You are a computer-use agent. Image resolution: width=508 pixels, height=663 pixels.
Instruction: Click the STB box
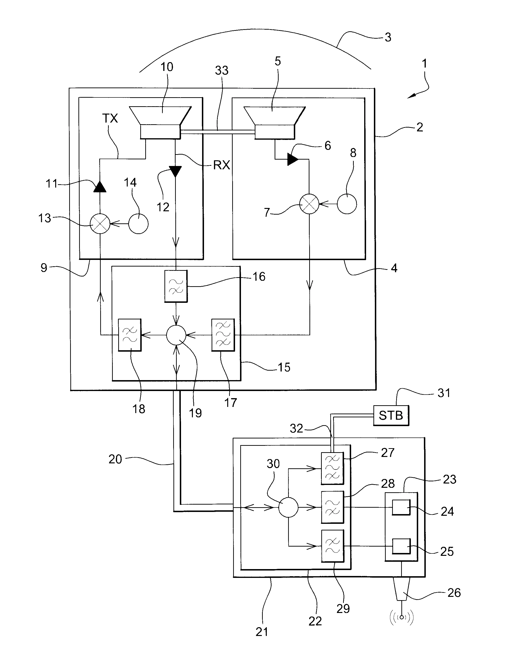(x=391, y=415)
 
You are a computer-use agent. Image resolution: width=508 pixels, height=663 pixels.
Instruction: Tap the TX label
(x=110, y=118)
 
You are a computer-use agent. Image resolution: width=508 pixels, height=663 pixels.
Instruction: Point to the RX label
(x=222, y=165)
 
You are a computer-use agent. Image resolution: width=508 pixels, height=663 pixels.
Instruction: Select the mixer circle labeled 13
(x=100, y=224)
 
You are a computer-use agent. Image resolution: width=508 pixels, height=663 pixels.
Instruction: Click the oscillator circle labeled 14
(x=138, y=224)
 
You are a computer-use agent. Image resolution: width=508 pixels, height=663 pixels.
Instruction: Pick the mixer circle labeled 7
(x=309, y=204)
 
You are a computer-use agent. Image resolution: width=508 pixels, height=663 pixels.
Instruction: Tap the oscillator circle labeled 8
(x=347, y=204)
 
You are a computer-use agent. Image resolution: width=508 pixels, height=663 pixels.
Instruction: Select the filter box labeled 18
(x=129, y=335)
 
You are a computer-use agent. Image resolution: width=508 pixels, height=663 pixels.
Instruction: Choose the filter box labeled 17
(x=223, y=335)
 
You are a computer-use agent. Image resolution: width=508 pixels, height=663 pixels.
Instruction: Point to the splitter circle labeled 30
(x=288, y=507)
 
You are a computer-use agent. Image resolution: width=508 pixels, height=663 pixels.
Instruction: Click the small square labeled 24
(x=401, y=507)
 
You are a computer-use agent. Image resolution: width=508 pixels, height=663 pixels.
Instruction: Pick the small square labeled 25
(x=401, y=546)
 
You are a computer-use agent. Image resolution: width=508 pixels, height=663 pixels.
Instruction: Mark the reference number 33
(x=222, y=70)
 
